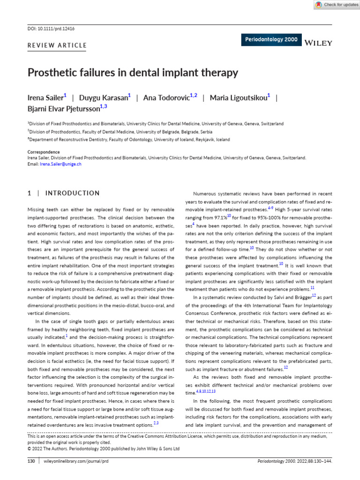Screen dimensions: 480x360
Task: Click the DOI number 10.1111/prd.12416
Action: pyautogui.click(x=57, y=29)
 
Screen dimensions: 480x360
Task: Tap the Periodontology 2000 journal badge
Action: pyautogui.click(x=271, y=40)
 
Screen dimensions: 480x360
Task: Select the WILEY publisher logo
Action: pyautogui.click(x=318, y=43)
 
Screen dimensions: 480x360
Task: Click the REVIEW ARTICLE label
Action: pyautogui.click(x=57, y=45)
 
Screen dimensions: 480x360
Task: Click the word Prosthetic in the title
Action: pyautogui.click(x=52, y=73)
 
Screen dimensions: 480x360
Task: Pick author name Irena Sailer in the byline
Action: pyautogui.click(x=45, y=98)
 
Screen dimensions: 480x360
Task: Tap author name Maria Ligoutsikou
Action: pyautogui.click(x=238, y=98)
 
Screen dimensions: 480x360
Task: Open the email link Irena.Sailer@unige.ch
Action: pyautogui.click(x=60, y=165)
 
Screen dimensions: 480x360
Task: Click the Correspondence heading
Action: pyautogui.click(x=44, y=152)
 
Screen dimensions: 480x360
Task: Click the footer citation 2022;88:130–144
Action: pyautogui.click(x=314, y=461)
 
